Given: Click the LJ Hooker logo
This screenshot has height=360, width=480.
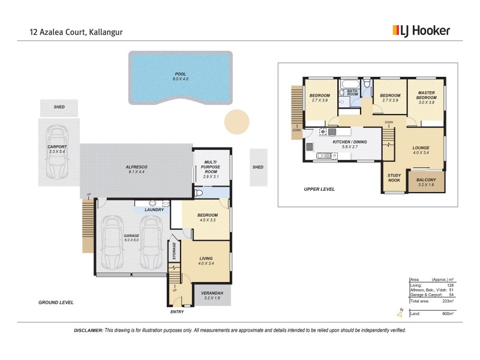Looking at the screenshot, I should (x=421, y=31).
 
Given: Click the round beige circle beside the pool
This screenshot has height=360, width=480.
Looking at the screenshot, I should (x=236, y=122).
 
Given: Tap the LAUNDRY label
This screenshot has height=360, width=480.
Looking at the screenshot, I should (x=154, y=209).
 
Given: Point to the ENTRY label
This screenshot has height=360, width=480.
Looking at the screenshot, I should (x=177, y=312).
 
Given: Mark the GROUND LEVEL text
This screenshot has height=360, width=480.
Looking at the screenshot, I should (x=56, y=302).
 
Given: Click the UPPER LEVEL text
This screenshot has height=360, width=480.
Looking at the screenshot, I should (x=319, y=189).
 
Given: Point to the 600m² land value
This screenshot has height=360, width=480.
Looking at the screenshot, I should (x=448, y=314).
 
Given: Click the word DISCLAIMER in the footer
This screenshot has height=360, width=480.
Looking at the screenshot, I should (x=88, y=331).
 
